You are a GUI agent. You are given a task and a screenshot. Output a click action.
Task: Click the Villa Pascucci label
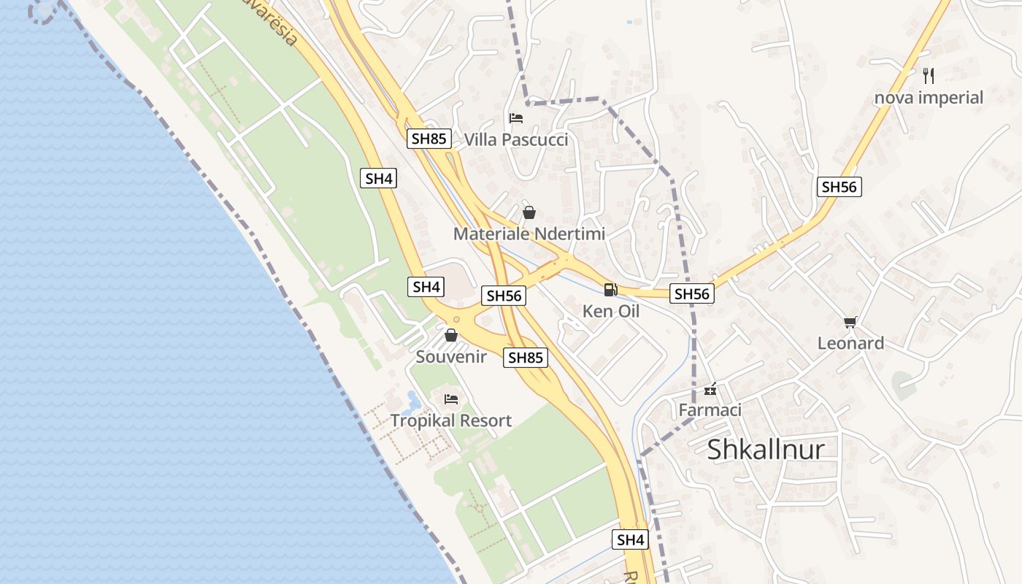(515, 139)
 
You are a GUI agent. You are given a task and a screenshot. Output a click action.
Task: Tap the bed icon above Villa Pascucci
(515, 118)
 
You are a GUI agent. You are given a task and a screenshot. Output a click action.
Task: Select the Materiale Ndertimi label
(529, 234)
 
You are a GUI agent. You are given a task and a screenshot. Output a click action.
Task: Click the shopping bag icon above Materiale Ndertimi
(529, 212)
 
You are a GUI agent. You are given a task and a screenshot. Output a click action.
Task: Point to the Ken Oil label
(610, 311)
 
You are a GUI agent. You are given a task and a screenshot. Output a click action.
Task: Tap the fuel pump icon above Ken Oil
(610, 290)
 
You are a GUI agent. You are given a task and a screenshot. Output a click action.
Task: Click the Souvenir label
(451, 356)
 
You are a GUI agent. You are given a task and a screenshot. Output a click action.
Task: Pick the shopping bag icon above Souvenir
(451, 335)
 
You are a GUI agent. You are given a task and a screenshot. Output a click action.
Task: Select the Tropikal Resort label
(451, 420)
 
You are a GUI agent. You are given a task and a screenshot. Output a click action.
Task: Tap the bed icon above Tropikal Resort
(451, 399)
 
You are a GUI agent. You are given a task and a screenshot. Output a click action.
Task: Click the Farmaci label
(710, 410)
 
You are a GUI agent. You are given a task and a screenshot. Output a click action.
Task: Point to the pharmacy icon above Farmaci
(710, 389)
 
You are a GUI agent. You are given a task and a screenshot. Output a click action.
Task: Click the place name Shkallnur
(766, 450)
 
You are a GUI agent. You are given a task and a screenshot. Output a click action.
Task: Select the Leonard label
(850, 343)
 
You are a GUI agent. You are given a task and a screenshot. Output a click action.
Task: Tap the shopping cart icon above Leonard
(850, 322)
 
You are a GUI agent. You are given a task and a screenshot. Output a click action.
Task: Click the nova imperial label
(929, 97)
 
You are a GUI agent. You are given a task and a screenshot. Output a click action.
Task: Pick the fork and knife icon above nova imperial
(929, 75)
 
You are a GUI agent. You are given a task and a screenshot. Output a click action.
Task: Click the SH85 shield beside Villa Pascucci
(429, 139)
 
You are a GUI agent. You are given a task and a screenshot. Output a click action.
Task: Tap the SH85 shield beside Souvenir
(526, 358)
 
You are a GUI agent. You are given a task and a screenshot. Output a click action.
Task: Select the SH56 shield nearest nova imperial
(839, 187)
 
